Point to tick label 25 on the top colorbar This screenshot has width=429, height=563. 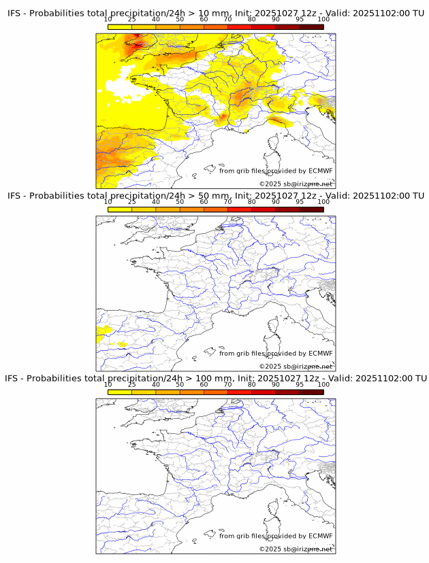[x=132, y=20]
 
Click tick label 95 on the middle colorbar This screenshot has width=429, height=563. [x=300, y=202]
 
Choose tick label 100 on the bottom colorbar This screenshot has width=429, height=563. [x=323, y=384]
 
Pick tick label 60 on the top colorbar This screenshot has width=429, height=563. [x=204, y=20]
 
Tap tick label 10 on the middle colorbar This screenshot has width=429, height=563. [x=108, y=202]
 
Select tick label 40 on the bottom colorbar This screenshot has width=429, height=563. [x=156, y=384]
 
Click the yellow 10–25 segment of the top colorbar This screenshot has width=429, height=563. [x=120, y=27]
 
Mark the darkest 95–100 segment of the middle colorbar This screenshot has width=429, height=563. [x=311, y=209]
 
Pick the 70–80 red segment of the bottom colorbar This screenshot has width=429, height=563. [x=240, y=392]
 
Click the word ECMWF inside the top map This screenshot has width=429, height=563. [x=320, y=171]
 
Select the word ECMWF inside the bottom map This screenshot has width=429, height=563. [x=320, y=536]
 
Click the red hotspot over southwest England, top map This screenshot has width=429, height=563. [x=138, y=45]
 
